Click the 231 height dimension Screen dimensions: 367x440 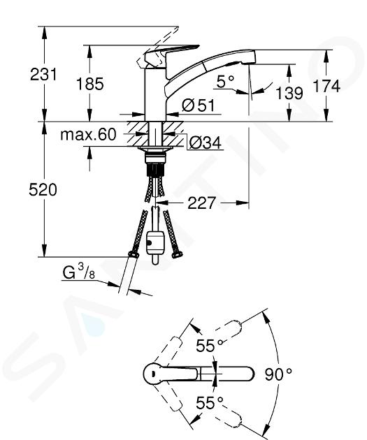43,75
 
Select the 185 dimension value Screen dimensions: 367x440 90,85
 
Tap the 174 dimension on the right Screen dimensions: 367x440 326,86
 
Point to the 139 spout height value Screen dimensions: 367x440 289,93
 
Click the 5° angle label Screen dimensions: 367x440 225,82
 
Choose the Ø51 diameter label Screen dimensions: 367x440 198,105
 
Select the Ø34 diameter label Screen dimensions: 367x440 205,143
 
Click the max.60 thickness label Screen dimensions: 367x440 88,135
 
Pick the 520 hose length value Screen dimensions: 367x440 43,190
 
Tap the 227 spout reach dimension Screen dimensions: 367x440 201,203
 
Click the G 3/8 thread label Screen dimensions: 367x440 78,272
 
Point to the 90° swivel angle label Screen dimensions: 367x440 278,374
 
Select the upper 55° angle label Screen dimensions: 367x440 210,346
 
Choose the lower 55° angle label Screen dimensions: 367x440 210,403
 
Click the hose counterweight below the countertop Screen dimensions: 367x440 154,242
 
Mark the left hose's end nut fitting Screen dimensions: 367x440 134,254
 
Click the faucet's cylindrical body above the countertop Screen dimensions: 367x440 155,95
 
